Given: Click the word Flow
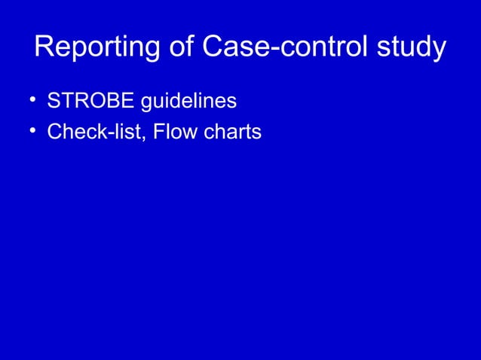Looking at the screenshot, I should pos(173,133).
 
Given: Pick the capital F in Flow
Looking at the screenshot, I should pos(158,133).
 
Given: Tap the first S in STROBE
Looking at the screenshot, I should pos(54,100).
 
